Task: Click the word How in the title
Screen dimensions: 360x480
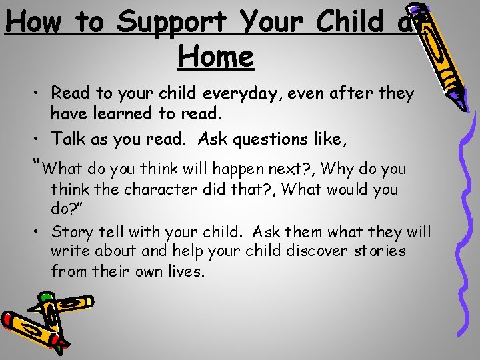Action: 34,22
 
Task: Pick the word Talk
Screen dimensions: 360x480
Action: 69,139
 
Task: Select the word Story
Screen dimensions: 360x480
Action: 71,232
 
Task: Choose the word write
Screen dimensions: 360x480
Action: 70,251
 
